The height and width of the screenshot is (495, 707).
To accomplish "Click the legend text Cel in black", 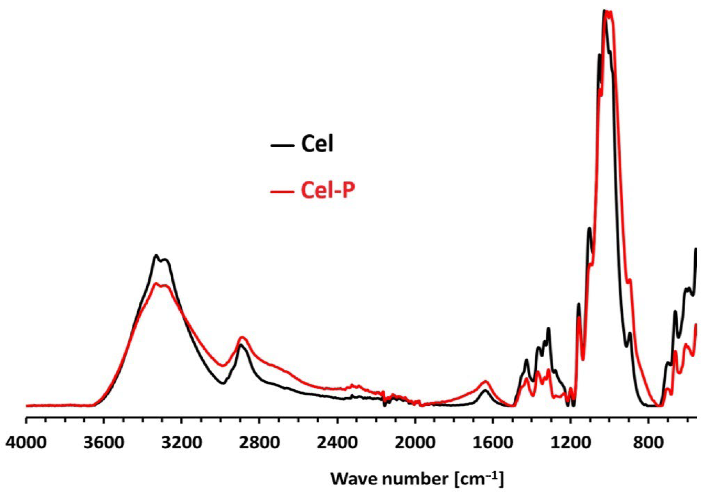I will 317,144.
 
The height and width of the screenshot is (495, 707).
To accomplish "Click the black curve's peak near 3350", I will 156,255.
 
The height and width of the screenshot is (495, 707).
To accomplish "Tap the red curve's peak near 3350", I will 156,283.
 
